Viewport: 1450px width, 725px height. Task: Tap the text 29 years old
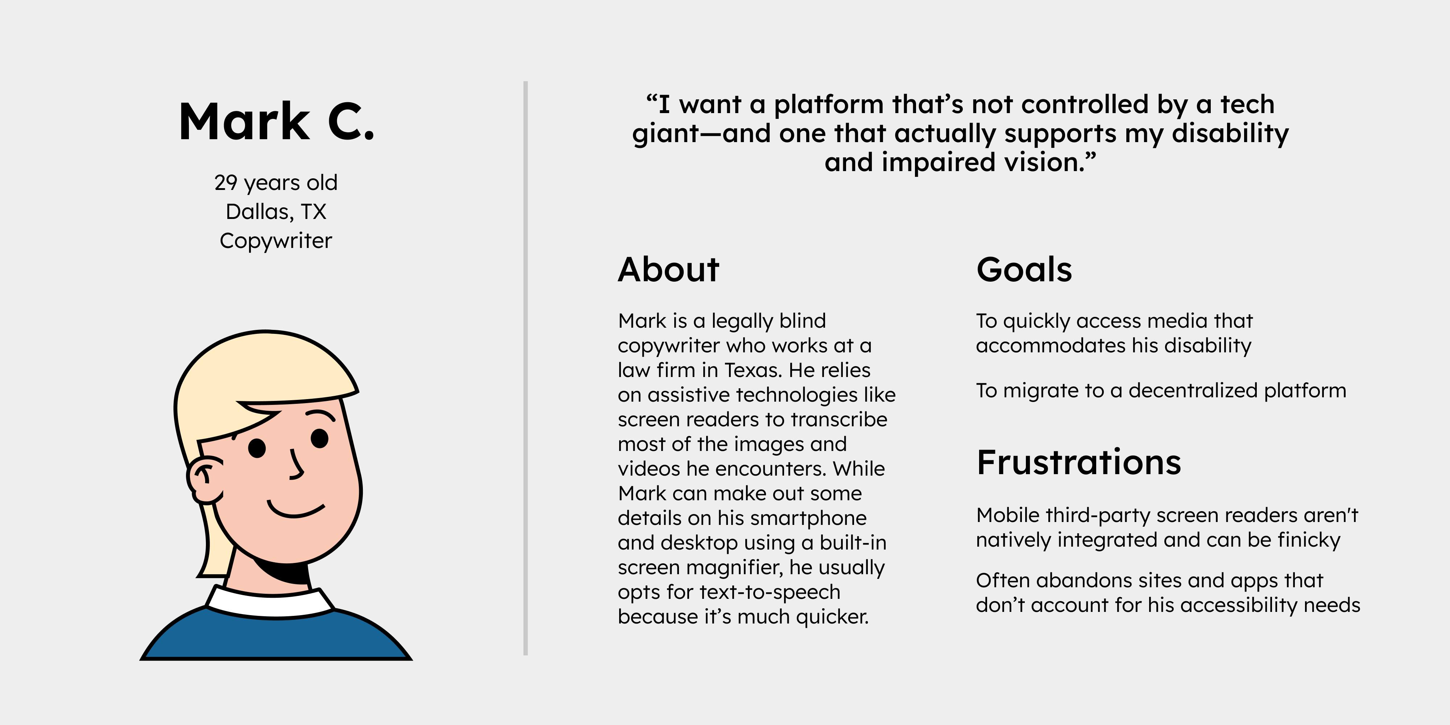(x=276, y=183)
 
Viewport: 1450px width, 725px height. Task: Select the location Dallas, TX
(x=276, y=212)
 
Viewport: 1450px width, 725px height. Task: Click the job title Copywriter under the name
(x=276, y=241)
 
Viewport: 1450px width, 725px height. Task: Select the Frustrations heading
(x=1078, y=463)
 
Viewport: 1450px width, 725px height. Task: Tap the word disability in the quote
(x=1230, y=134)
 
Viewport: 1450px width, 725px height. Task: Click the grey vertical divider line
(x=525, y=368)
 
